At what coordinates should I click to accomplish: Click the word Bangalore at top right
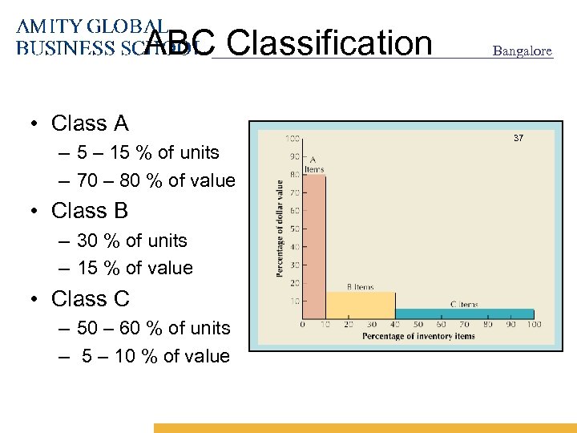[522, 51]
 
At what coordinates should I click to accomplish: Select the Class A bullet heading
[89, 123]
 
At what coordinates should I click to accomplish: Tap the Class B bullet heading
[89, 211]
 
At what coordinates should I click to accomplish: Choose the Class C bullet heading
[90, 299]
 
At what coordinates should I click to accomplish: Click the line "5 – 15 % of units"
[147, 152]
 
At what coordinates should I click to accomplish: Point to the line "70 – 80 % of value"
[155, 181]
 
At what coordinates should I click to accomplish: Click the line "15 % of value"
[135, 269]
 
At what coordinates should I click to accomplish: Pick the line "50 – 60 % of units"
[153, 329]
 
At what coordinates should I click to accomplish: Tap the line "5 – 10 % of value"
[155, 357]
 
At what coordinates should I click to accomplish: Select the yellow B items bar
[361, 305]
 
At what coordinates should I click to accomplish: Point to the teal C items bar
[465, 314]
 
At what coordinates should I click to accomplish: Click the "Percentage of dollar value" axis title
[280, 229]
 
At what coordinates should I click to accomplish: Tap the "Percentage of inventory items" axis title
[418, 337]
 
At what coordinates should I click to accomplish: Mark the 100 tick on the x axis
[534, 325]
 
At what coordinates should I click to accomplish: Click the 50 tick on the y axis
[294, 229]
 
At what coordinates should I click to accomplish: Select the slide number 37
[518, 139]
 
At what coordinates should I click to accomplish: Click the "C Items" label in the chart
[464, 304]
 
